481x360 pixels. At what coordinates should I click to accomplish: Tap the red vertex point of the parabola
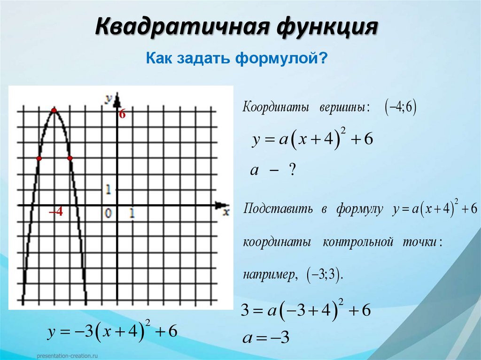tap(54, 111)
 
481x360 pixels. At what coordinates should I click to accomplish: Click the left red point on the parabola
tap(39, 159)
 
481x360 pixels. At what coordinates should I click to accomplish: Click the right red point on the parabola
tap(70, 159)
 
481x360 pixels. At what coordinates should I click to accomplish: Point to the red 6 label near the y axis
tap(122, 114)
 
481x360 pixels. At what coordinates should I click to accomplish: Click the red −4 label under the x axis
tap(56, 213)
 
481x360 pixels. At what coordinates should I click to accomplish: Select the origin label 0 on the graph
tap(109, 214)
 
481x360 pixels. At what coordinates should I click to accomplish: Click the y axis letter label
tap(108, 98)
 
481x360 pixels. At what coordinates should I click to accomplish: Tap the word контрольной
tap(357, 243)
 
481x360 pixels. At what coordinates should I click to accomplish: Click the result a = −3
tap(266, 338)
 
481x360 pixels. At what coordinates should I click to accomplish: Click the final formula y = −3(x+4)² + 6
tap(112, 332)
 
